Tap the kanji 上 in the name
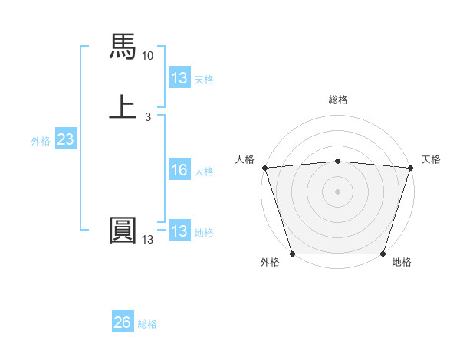click(x=123, y=106)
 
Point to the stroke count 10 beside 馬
click(x=148, y=56)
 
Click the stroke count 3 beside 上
click(x=148, y=117)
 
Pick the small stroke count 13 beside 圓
click(x=148, y=241)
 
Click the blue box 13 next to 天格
click(x=179, y=78)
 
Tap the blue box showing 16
click(x=179, y=171)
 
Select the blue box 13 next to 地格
click(x=179, y=232)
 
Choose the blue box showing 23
click(x=65, y=139)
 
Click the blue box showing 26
click(x=122, y=322)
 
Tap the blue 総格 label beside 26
click(x=147, y=324)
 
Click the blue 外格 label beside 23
click(x=41, y=141)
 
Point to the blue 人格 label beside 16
click(x=205, y=172)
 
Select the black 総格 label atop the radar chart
click(x=338, y=100)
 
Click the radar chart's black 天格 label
click(x=431, y=159)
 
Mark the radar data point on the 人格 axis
click(x=264, y=168)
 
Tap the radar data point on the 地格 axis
click(x=383, y=254)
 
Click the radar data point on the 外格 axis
click(x=292, y=254)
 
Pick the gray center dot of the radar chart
click(x=338, y=191)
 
